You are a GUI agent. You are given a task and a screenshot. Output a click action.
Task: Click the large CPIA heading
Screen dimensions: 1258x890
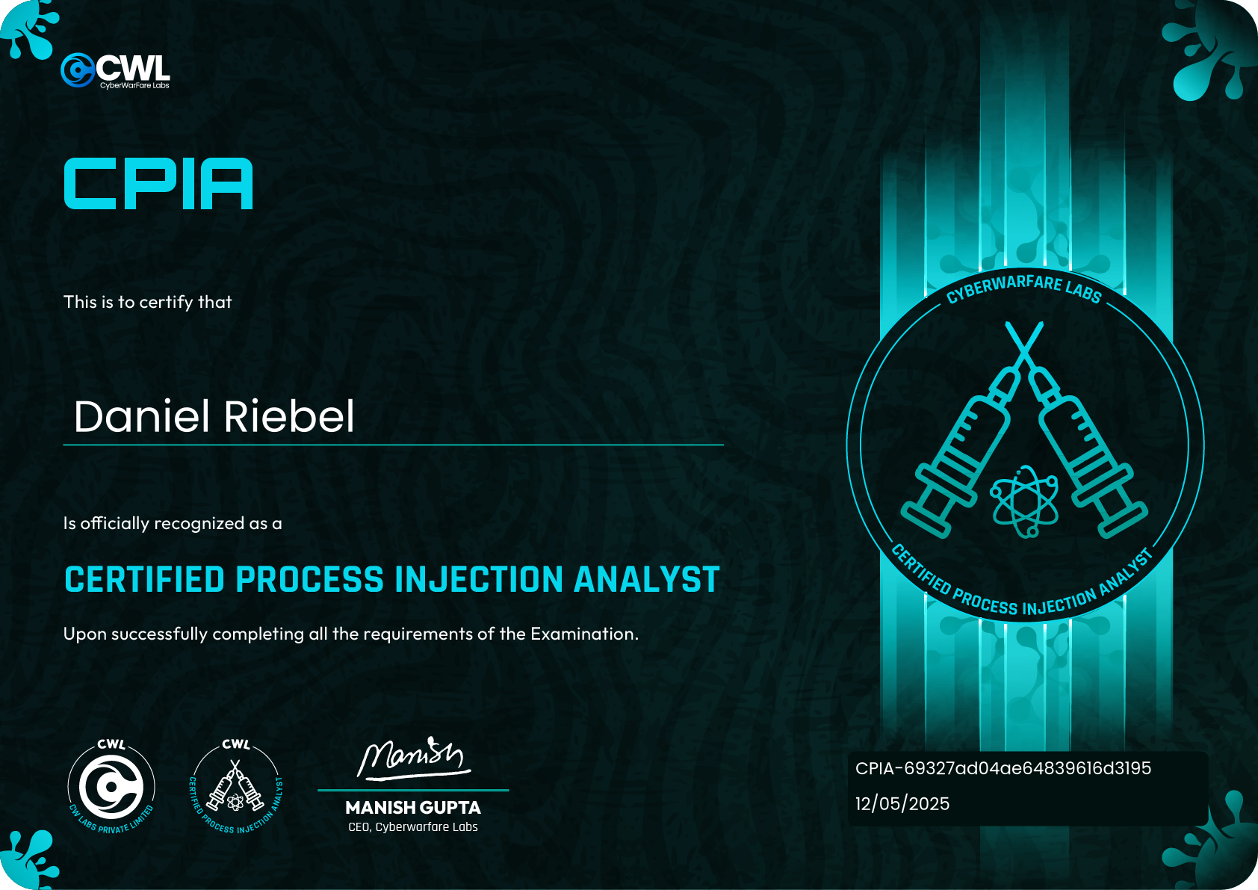click(158, 183)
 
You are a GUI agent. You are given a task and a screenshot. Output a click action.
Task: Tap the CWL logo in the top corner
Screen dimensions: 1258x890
click(115, 71)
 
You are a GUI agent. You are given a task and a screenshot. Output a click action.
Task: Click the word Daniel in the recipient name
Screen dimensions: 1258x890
click(141, 416)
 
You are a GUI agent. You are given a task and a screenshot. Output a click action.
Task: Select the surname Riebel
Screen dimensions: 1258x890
click(289, 416)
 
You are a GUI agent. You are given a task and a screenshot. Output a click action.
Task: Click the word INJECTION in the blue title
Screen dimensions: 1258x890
click(479, 579)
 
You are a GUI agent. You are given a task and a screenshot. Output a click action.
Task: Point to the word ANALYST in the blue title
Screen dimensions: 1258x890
click(646, 579)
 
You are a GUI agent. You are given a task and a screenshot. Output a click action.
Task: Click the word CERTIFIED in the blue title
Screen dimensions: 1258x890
click(144, 579)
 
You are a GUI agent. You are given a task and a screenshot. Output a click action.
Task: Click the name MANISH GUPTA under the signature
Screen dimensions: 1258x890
click(413, 807)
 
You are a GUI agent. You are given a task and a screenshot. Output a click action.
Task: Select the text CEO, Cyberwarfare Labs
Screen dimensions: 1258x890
click(413, 827)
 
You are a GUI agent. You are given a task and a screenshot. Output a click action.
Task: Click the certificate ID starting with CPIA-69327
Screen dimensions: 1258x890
click(1003, 768)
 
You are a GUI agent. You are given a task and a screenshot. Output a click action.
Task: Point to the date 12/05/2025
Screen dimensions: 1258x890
click(902, 803)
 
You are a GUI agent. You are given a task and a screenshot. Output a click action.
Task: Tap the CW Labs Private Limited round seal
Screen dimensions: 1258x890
click(111, 787)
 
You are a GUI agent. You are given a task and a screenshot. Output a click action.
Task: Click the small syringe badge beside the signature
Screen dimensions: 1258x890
click(236, 787)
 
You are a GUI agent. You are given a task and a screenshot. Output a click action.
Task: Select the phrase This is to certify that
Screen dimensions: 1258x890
click(147, 303)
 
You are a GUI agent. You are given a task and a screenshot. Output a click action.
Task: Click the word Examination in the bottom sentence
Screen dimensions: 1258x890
click(585, 634)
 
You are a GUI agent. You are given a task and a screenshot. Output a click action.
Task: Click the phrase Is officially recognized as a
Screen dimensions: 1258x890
click(173, 524)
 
